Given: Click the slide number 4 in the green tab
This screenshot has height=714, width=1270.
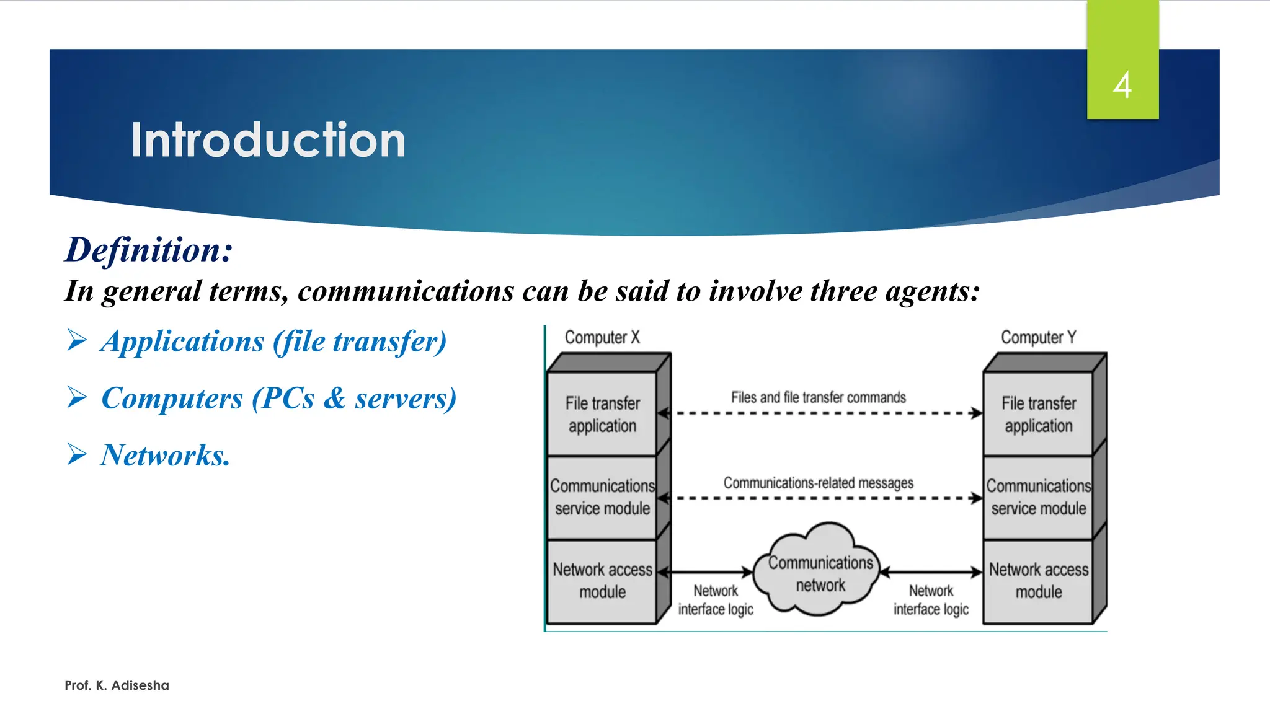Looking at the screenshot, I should click(1122, 85).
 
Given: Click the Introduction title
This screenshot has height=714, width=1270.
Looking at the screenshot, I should click(268, 140).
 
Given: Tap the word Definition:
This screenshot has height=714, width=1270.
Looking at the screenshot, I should click(149, 250).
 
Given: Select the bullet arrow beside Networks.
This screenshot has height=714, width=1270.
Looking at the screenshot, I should click(77, 454).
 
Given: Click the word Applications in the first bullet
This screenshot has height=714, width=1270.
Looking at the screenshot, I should click(183, 342).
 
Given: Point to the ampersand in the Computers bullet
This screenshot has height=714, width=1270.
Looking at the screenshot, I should click(334, 398).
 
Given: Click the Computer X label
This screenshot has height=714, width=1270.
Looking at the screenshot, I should click(602, 337).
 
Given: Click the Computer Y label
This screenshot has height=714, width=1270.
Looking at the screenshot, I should click(1038, 337).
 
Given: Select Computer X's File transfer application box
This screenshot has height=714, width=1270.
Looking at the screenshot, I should click(602, 414).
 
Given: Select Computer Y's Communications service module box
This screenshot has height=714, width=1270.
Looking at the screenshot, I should click(1038, 497).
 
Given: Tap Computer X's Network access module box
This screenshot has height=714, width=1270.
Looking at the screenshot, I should click(602, 580).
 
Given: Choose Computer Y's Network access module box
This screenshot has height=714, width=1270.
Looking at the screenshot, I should click(1038, 580).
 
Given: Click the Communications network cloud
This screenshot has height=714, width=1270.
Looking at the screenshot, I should click(820, 573).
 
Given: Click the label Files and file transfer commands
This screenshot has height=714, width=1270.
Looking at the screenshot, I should click(818, 397).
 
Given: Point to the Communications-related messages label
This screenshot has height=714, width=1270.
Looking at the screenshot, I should click(818, 482).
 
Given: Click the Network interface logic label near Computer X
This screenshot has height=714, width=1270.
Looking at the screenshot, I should click(716, 599).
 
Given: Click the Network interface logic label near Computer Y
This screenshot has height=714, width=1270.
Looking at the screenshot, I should click(931, 599).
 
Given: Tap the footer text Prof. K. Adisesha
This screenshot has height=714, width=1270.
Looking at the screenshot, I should click(117, 685).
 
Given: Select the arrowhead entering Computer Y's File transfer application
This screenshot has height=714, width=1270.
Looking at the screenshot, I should click(977, 413).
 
